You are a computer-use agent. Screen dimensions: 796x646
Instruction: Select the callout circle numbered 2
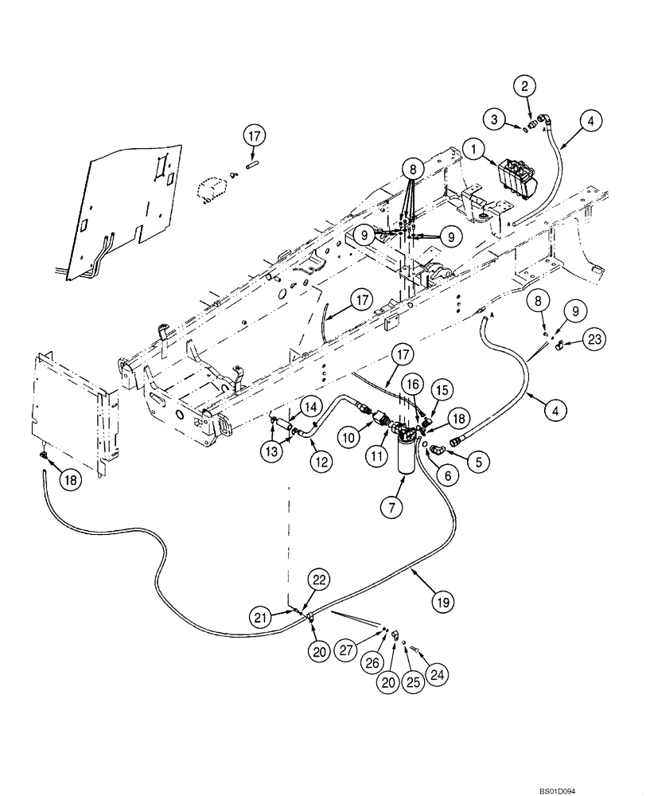tap(524, 84)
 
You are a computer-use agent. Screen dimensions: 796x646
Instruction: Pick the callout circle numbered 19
tap(443, 603)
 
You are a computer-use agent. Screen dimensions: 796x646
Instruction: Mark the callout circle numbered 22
tap(318, 581)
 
